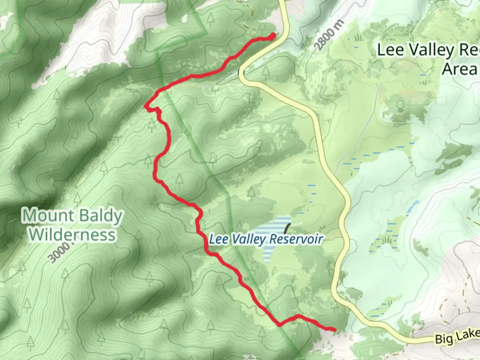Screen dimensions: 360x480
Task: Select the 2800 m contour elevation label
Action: click(328, 38)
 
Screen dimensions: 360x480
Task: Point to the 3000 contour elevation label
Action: click(59, 253)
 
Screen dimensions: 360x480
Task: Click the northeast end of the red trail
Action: click(274, 35)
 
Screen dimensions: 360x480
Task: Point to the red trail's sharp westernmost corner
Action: click(146, 106)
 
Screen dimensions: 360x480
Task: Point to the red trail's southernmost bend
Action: click(279, 324)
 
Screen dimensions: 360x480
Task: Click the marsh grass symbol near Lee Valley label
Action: click(358, 37)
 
